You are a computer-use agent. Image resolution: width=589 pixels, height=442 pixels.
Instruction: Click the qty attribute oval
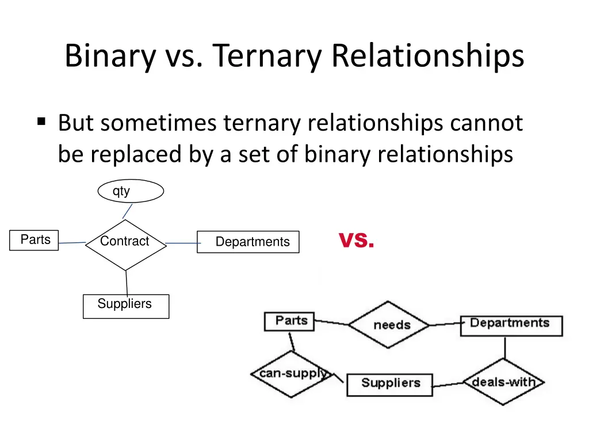pos(131,191)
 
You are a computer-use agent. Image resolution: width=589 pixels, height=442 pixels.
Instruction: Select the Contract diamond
pos(125,245)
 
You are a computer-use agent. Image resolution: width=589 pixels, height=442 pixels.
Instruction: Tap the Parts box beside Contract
pos(34,240)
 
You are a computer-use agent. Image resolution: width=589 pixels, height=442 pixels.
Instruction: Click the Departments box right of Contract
pos(248,242)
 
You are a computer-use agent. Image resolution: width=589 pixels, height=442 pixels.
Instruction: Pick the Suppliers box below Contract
pos(125,306)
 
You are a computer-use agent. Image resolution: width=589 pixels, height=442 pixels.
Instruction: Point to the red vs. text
pos(356,240)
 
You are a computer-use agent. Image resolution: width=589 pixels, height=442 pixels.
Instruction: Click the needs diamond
pos(389,325)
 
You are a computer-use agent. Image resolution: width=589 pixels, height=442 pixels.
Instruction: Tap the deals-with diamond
pos(504,382)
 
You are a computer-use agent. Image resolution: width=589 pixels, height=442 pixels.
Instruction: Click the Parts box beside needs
pos(289,321)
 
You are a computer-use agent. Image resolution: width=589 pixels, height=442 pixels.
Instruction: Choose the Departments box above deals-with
pos(510,325)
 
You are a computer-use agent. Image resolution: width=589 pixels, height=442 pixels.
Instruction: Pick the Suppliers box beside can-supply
pos(389,383)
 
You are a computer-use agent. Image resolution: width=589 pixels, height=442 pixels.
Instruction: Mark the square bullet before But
pos(41,121)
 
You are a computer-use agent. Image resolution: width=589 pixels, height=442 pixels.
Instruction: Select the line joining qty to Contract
pos(127,211)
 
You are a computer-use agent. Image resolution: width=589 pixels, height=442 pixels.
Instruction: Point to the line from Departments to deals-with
pos(505,348)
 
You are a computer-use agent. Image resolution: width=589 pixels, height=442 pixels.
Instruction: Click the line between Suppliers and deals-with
pos(448,384)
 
